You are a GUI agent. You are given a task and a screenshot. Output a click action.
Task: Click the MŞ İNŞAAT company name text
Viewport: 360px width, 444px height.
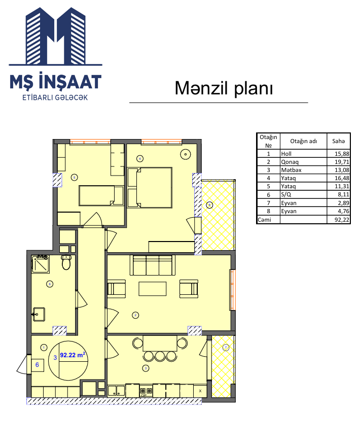pyautogui.click(x=55, y=82)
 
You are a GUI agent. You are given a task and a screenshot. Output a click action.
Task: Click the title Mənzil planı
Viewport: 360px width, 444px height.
pyautogui.click(x=224, y=88)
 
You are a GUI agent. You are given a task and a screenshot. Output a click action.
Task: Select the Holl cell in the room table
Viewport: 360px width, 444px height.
pyautogui.click(x=286, y=154)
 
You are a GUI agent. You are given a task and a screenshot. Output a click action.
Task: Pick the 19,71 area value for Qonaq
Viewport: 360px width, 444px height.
pyautogui.click(x=342, y=162)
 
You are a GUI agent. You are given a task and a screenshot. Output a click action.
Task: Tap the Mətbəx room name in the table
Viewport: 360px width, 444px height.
pyautogui.click(x=291, y=170)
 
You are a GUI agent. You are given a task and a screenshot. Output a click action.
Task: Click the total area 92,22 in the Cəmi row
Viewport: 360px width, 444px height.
pyautogui.click(x=342, y=220)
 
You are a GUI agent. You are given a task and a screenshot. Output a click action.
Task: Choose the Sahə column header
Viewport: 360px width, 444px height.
pyautogui.click(x=339, y=141)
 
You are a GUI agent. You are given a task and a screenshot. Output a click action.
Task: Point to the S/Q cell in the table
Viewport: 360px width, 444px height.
pyautogui.click(x=286, y=194)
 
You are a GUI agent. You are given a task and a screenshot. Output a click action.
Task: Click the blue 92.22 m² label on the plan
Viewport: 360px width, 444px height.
pyautogui.click(x=73, y=355)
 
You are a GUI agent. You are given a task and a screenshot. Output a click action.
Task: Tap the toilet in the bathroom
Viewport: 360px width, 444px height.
pyautogui.click(x=66, y=262)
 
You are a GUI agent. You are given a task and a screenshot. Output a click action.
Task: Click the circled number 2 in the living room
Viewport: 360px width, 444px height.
pyautogui.click(x=135, y=315)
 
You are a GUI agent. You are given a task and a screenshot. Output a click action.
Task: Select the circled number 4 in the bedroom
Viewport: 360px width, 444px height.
pyautogui.click(x=140, y=158)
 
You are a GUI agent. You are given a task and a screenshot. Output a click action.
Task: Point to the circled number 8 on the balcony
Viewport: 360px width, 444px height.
pyautogui.click(x=209, y=204)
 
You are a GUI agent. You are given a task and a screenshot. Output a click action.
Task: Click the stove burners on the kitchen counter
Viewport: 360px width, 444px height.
pyautogui.click(x=146, y=391)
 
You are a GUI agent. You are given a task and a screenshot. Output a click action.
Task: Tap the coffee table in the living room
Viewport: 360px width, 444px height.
pyautogui.click(x=152, y=289)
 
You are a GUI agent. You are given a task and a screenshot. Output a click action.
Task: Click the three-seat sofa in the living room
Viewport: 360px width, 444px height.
pyautogui.click(x=152, y=265)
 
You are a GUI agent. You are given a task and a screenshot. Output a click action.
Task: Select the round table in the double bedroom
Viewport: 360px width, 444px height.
pyautogui.click(x=186, y=154)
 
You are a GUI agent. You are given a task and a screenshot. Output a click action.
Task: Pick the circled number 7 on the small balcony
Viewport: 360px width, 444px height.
pyautogui.click(x=226, y=347)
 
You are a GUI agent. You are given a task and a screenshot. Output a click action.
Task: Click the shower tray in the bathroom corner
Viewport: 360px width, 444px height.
pyautogui.click(x=41, y=264)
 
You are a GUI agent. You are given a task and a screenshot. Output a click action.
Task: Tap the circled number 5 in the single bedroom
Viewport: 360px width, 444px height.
pyautogui.click(x=74, y=177)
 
